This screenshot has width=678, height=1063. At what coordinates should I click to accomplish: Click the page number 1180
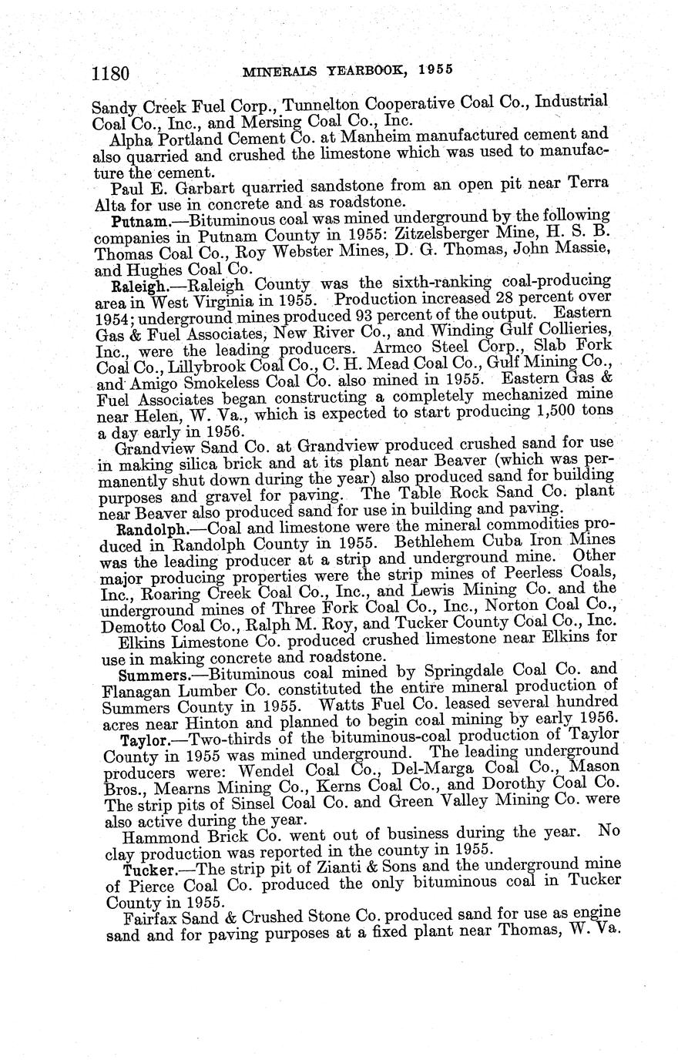[x=109, y=73]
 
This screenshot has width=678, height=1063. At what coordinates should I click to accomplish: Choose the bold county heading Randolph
[x=142, y=530]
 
